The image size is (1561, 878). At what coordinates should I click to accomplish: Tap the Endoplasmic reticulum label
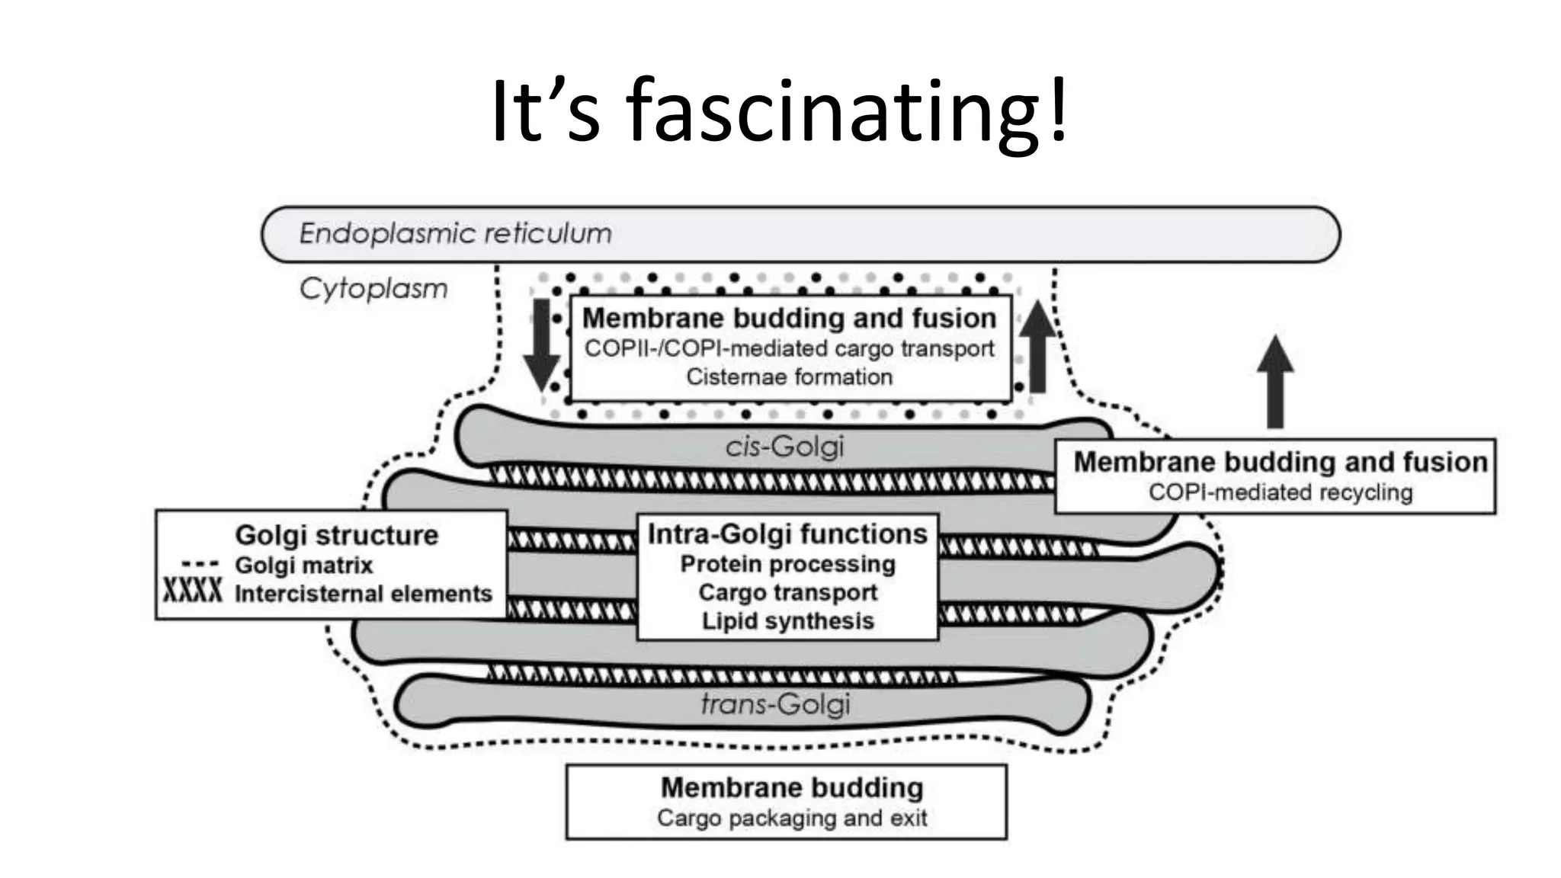pos(455,233)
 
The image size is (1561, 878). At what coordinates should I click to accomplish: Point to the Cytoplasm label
pos(373,289)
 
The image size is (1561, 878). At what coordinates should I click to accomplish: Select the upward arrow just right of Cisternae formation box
pos(1037,347)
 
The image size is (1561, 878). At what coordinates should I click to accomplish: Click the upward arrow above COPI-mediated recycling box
pos(1275,381)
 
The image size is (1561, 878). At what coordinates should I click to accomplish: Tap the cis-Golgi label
pos(784,446)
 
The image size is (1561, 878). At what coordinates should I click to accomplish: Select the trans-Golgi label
pos(775,703)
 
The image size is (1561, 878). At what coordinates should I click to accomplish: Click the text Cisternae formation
pos(789,377)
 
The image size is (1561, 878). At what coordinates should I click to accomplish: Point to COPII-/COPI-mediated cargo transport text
pos(789,348)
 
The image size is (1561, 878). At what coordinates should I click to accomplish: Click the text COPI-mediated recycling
pos(1281,492)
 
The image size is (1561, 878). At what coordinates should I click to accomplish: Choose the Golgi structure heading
pos(336,535)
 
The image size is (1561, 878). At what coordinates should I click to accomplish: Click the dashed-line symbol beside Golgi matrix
pos(200,565)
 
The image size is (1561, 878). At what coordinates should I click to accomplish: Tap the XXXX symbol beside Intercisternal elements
pos(193,591)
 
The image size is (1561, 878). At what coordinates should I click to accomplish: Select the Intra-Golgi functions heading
pos(787,534)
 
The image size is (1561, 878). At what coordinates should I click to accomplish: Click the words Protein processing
pos(787,564)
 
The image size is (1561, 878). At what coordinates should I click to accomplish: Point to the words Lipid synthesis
pos(787,621)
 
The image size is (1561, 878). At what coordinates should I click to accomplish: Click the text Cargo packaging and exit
pos(792,818)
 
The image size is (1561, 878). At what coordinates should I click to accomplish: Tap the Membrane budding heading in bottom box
pos(792,787)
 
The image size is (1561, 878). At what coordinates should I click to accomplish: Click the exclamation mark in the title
pos(1059,113)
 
